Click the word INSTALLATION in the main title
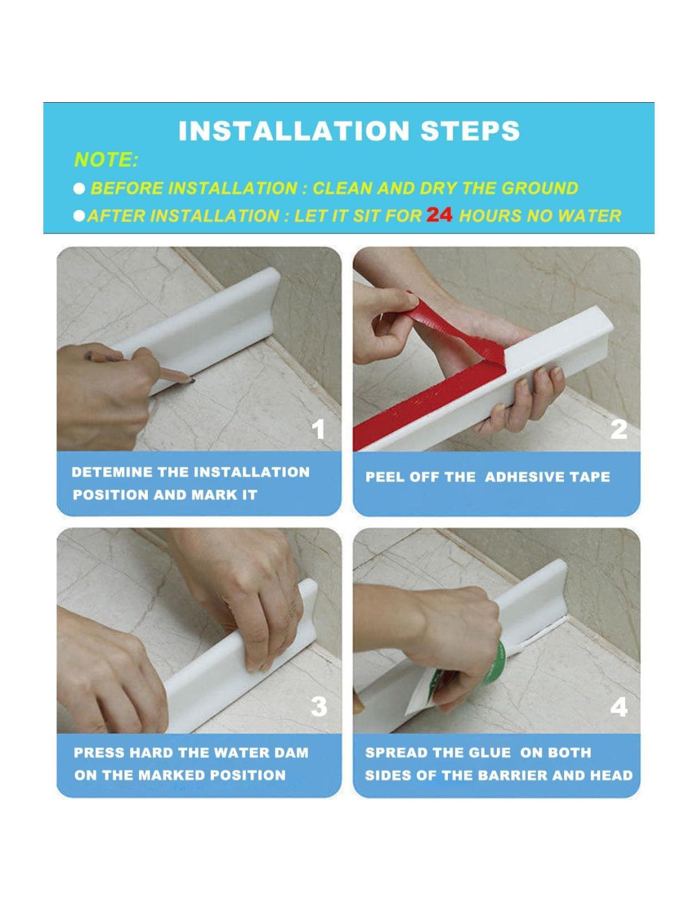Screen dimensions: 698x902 point(294,131)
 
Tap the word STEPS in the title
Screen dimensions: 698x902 point(470,131)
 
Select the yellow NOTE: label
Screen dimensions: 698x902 point(106,160)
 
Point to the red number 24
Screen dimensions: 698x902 point(439,215)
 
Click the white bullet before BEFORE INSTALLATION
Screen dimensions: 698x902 point(79,189)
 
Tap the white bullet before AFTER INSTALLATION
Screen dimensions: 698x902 point(79,216)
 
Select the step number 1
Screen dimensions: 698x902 point(318,429)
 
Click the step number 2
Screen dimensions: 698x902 point(619,429)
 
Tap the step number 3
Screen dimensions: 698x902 point(319,706)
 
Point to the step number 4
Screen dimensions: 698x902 point(619,706)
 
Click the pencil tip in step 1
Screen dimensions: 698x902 point(194,380)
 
